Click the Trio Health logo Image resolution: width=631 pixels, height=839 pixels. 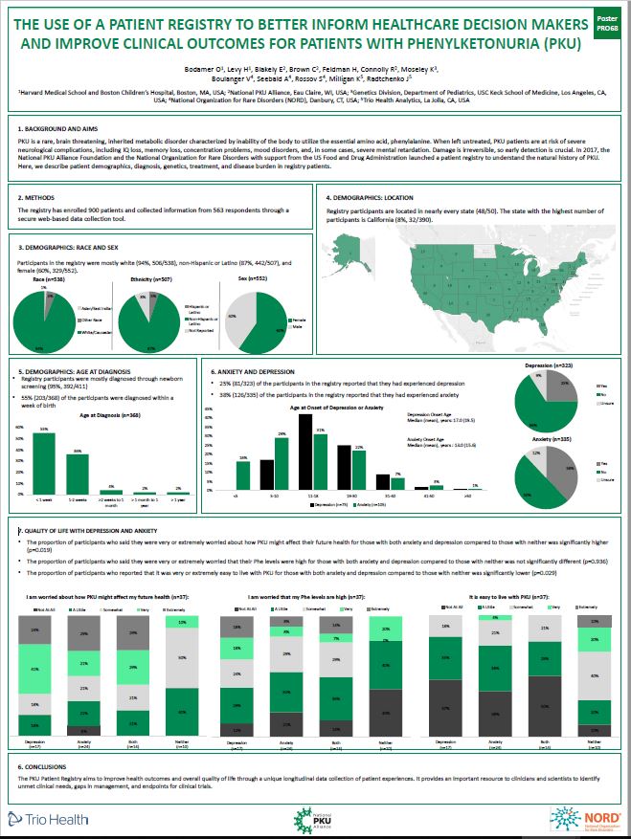pyautogui.click(x=47, y=818)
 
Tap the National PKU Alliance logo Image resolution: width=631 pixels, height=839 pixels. pyautogui.click(x=315, y=819)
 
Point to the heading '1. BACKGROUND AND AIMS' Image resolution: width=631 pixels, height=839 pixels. pyautogui.click(x=58, y=127)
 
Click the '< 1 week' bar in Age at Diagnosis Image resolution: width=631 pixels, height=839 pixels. pyautogui.click(x=45, y=463)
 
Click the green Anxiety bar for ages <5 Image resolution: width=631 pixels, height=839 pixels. pyautogui.click(x=243, y=475)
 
